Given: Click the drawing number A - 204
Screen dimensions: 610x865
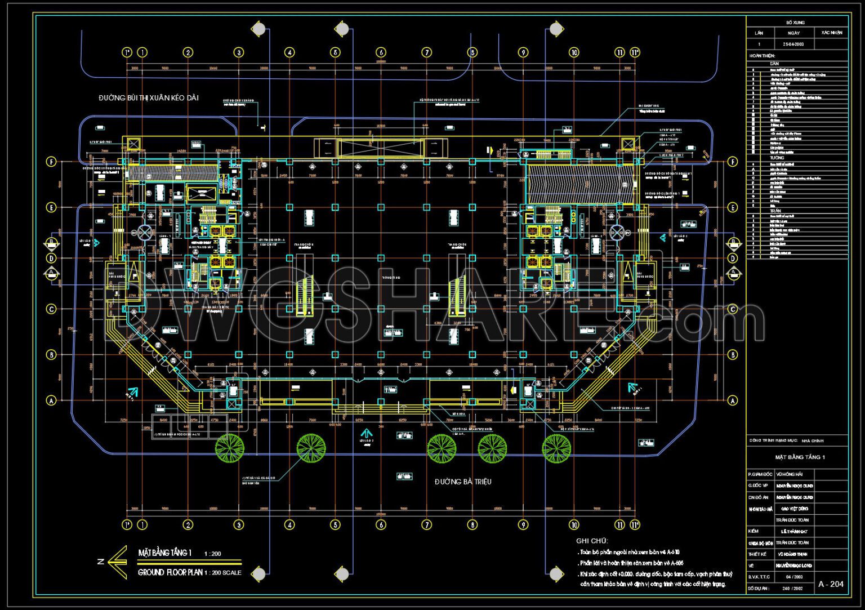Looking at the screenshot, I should coord(831,584).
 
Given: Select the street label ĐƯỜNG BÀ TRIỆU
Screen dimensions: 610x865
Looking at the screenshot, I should coord(463,482).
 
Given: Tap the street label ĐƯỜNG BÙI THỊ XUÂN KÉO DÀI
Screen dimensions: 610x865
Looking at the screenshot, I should coord(149,98).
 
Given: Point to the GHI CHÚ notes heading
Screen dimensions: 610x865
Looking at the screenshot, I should coord(592,541).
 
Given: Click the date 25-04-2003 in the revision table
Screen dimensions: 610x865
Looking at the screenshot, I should coord(793,44).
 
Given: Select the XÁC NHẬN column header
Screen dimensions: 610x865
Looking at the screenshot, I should coord(832,33).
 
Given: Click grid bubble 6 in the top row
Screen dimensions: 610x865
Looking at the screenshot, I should coord(381,52).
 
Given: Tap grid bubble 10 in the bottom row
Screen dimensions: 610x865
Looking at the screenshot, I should coord(574,525).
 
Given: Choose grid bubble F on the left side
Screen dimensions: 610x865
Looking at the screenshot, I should coord(51,162).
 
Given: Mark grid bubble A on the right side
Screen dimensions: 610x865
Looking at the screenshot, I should coord(733,400).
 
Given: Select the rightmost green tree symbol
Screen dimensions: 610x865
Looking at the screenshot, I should coord(556,448).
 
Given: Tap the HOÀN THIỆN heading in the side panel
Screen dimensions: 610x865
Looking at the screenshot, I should coord(762,56).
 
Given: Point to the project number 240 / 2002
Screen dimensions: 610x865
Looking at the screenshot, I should coord(793,588).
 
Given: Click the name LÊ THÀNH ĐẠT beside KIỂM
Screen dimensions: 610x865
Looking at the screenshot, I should coord(794,531).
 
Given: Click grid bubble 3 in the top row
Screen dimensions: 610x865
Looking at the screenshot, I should coord(239,52).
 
